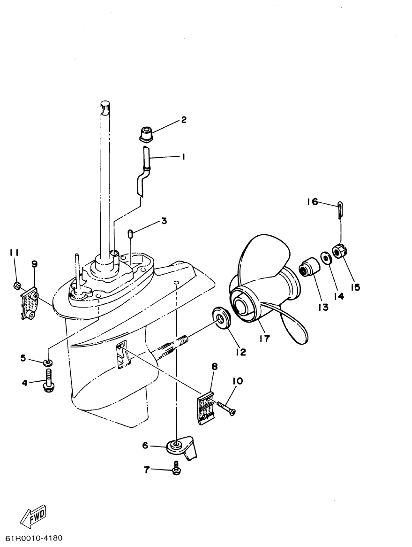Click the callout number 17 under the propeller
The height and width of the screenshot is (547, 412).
point(265,338)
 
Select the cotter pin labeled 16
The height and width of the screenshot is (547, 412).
point(341,209)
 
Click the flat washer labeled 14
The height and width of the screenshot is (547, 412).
point(324,257)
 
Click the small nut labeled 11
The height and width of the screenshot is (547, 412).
point(16,285)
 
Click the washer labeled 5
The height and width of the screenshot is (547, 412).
point(48,362)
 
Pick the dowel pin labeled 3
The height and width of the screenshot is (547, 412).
point(130,233)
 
